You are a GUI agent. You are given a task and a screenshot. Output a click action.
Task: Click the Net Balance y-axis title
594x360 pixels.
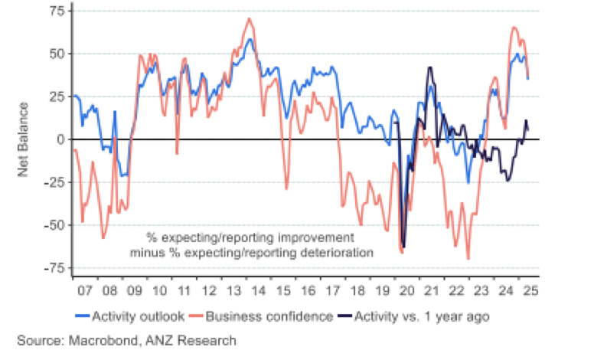(24, 139)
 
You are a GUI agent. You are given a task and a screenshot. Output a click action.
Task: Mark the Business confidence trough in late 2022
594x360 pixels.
(468, 259)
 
